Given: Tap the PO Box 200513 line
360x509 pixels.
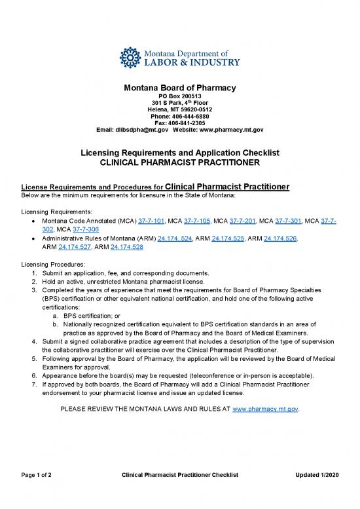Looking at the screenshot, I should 180,96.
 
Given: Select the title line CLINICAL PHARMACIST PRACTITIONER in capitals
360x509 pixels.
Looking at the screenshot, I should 180,162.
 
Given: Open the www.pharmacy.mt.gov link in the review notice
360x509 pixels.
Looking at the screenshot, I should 265,409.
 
